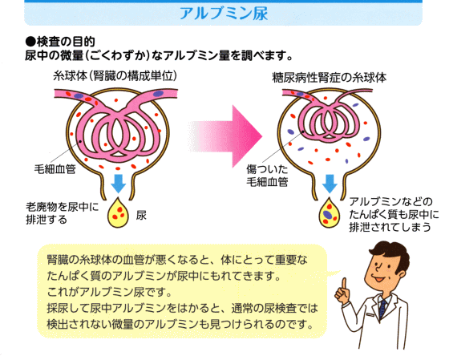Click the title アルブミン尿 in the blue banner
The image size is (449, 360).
(x=224, y=14)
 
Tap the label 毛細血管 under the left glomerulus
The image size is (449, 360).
(x=55, y=169)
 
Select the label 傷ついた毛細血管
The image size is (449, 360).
(x=267, y=176)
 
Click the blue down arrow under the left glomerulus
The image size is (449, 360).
(x=119, y=184)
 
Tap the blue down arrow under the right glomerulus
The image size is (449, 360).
(x=330, y=184)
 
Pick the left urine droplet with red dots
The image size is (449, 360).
(x=118, y=213)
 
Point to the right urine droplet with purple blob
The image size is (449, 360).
(x=330, y=213)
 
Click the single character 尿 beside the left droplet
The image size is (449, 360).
(x=141, y=216)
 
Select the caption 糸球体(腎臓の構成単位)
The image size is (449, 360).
(x=115, y=76)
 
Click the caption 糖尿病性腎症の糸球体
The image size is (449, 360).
(x=330, y=78)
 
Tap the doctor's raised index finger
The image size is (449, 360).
(x=344, y=285)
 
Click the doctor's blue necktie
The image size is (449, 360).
(x=382, y=309)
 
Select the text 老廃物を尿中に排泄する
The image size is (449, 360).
(x=63, y=213)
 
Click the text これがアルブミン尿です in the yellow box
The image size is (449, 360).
(x=109, y=292)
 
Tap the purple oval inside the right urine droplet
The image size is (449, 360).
(x=328, y=214)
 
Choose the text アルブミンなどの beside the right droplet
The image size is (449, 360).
(x=391, y=202)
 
